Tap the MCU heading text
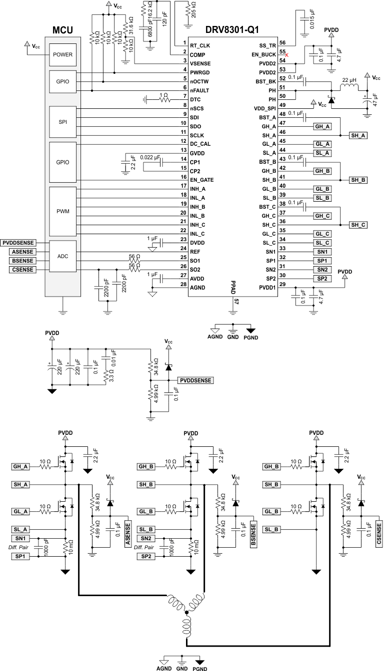point(62,30)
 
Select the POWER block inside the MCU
point(62,55)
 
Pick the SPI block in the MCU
point(62,122)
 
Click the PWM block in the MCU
point(62,211)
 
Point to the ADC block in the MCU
point(62,256)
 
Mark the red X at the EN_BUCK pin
point(286,54)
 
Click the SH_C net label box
point(358,225)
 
